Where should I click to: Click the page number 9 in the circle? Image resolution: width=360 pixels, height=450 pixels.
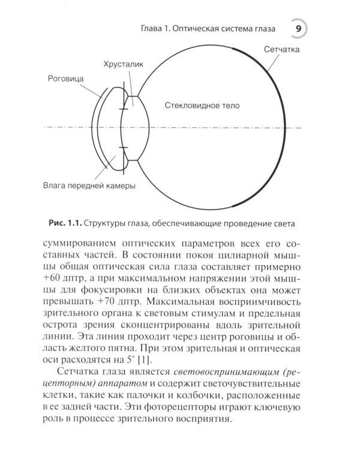[x=298, y=29]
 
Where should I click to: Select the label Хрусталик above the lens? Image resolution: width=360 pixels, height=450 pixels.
[x=124, y=63]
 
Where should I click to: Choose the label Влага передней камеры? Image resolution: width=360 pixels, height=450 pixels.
[x=89, y=186]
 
